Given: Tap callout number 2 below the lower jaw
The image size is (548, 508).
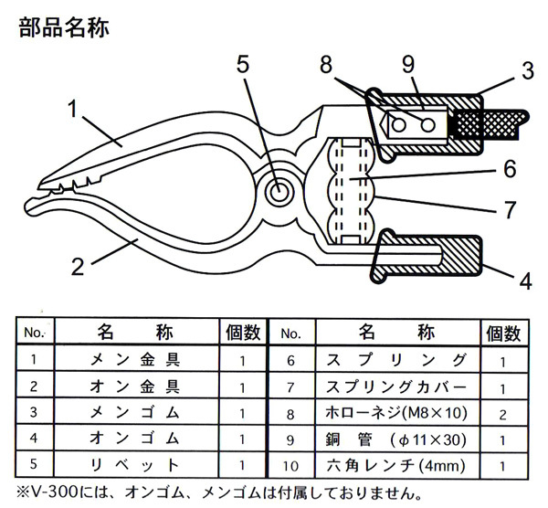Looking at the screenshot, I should [x=79, y=267].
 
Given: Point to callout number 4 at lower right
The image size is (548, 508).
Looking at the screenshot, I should [x=524, y=280].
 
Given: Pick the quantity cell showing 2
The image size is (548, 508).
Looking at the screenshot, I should [x=502, y=413].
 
